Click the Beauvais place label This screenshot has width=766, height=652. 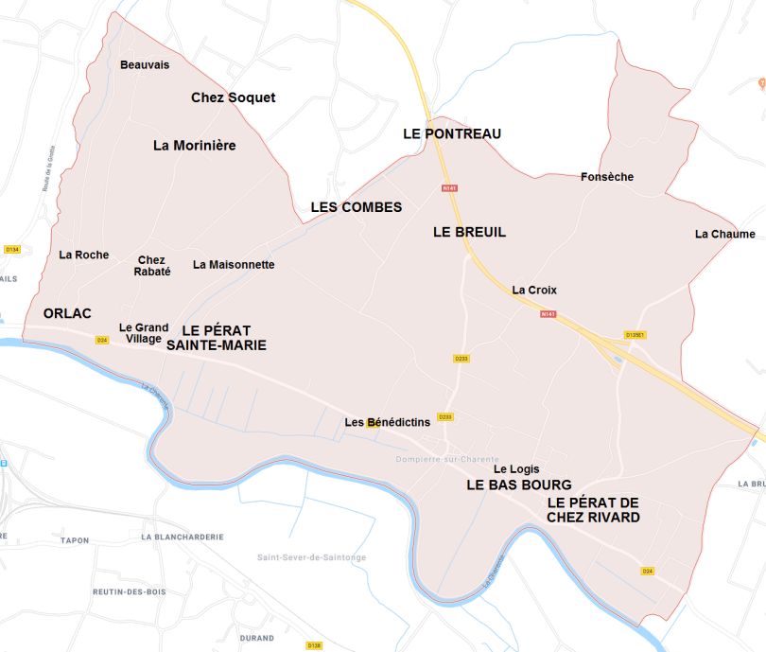145,64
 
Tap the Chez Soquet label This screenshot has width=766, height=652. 233,97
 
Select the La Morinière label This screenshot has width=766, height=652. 194,146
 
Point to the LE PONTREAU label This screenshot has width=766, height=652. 452,133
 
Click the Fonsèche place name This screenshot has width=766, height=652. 606,177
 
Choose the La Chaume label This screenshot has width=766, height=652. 724,234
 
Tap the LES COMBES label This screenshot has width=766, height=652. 357,207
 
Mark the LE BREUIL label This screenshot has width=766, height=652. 469,232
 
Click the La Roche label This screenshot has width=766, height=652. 83,255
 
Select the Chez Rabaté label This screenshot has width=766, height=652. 151,266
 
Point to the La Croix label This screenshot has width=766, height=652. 534,290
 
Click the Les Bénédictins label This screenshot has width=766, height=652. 387,422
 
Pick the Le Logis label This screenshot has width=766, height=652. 516,468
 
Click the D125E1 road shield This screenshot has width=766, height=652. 635,334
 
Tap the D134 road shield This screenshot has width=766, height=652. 12,249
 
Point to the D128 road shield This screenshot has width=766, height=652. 314,645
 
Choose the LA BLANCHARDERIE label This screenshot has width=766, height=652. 183,537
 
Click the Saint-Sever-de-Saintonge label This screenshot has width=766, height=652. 311,557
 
